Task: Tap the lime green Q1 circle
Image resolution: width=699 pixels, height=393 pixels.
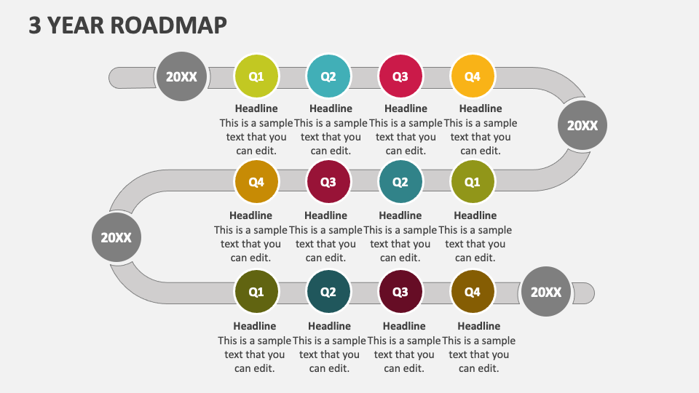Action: pyautogui.click(x=256, y=76)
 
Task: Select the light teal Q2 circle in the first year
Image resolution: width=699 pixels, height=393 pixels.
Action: pyautogui.click(x=328, y=76)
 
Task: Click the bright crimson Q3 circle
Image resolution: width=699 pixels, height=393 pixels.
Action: pyautogui.click(x=400, y=76)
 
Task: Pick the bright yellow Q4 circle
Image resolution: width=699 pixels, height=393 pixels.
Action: pyautogui.click(x=473, y=76)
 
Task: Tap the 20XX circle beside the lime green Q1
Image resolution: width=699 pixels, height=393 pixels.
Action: pyautogui.click(x=181, y=76)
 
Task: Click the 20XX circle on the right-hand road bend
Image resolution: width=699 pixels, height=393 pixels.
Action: pyautogui.click(x=582, y=126)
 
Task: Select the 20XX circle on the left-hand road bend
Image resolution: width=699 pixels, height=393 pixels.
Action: pyautogui.click(x=116, y=237)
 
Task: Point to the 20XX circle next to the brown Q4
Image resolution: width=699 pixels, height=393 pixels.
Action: pyautogui.click(x=546, y=292)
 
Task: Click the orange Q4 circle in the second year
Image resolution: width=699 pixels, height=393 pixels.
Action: pyautogui.click(x=256, y=182)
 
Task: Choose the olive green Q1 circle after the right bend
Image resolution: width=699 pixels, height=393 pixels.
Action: pyautogui.click(x=473, y=182)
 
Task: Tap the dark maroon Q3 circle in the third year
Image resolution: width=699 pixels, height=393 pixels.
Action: pyautogui.click(x=400, y=292)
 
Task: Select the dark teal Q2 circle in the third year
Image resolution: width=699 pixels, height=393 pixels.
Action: pyautogui.click(x=328, y=292)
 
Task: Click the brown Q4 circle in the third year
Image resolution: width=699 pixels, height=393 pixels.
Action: pyautogui.click(x=473, y=292)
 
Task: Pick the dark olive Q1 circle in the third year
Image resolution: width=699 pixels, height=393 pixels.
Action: pyautogui.click(x=256, y=292)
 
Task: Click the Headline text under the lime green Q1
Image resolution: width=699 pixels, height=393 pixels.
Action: pyautogui.click(x=256, y=108)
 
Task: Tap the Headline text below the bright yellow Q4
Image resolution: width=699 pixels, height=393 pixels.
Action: pyautogui.click(x=481, y=108)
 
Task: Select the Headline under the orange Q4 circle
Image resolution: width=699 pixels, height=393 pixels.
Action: pyautogui.click(x=250, y=215)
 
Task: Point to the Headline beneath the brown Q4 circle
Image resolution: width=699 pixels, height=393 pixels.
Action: pyautogui.click(x=478, y=326)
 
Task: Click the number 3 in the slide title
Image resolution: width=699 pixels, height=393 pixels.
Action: pyautogui.click(x=34, y=25)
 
